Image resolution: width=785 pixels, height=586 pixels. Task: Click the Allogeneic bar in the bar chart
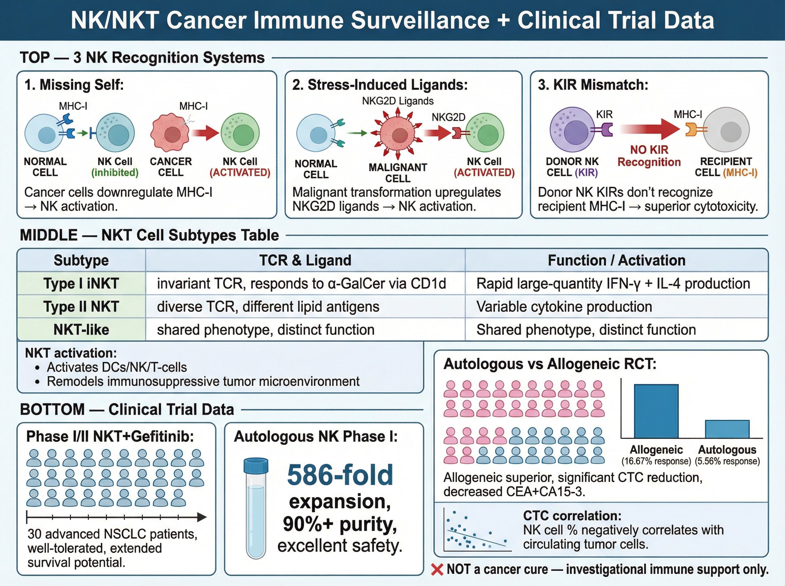(656, 411)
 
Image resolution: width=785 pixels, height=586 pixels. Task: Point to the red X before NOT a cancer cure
(437, 570)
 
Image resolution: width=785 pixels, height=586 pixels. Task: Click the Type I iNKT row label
(81, 284)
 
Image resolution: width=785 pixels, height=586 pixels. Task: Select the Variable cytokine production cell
(564, 306)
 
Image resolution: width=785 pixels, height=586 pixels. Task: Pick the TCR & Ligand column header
(305, 260)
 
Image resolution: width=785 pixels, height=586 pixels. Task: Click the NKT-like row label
(81, 330)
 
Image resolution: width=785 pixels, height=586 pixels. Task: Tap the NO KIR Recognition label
(649, 156)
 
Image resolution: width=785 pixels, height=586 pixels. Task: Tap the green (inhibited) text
(114, 173)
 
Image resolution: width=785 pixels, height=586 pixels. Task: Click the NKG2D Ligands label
(398, 101)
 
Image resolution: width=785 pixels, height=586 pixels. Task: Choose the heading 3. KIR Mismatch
(593, 85)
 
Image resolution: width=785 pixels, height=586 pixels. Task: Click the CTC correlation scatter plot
(477, 530)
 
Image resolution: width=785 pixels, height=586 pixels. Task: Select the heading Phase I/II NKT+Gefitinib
(110, 436)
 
